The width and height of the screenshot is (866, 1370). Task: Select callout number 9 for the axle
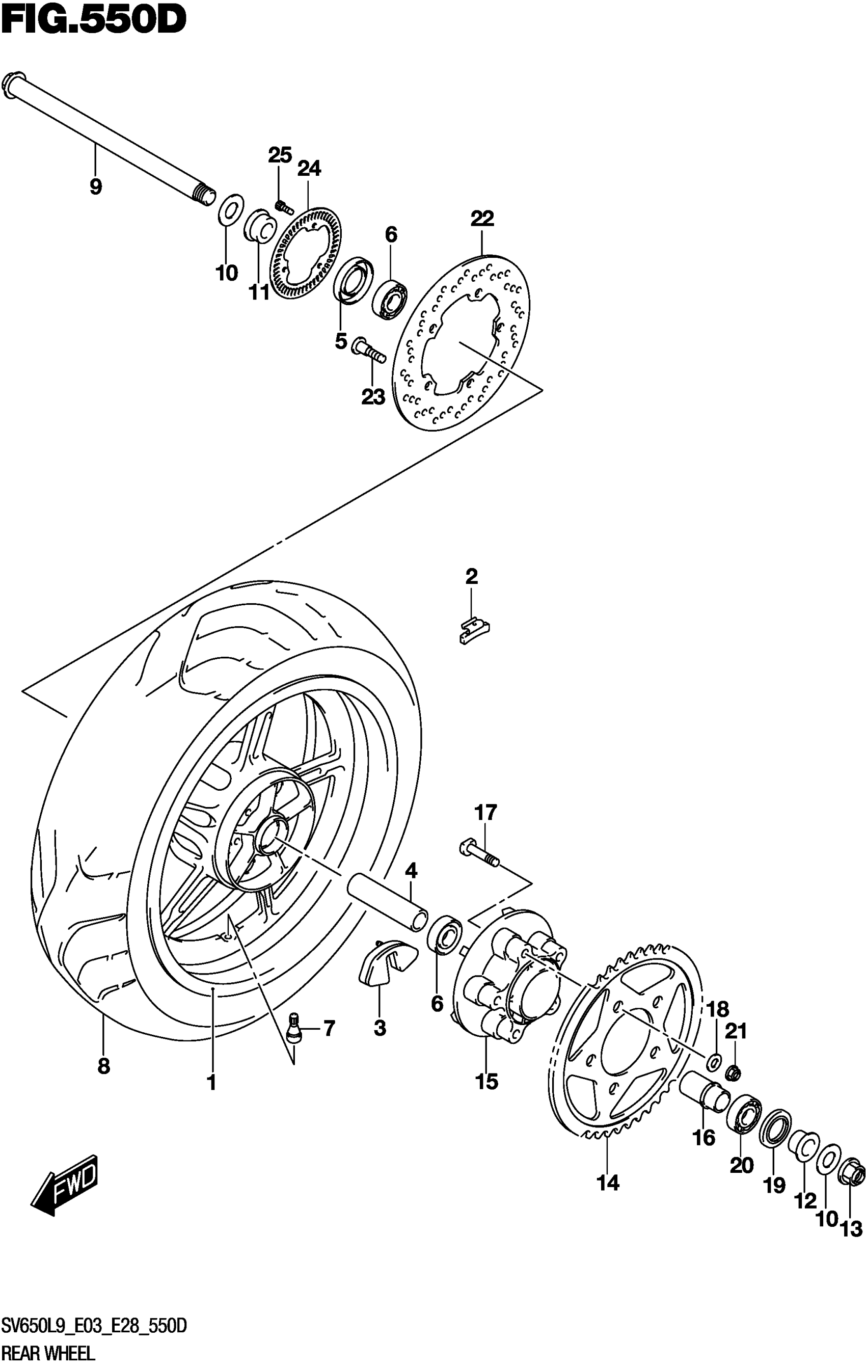pyautogui.click(x=96, y=186)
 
